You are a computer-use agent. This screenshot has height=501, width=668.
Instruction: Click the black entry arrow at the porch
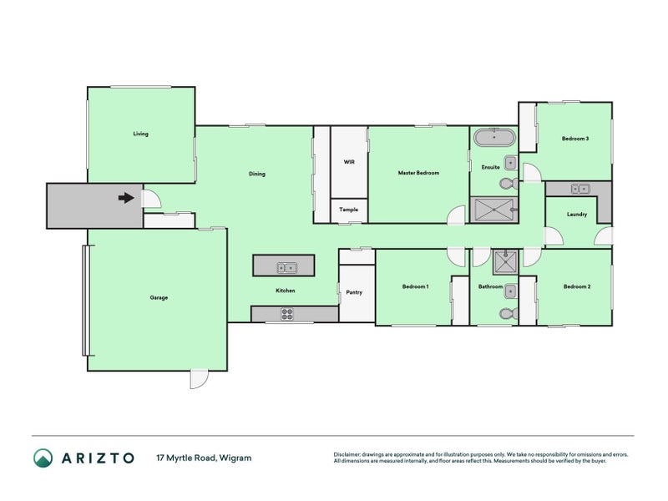126,198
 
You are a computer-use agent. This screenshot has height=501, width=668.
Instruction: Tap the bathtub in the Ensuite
494,137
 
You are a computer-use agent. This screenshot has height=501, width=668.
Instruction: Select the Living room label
140,134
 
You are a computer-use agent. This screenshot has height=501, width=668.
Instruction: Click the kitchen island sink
286,268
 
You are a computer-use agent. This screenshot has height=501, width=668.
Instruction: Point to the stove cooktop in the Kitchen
287,314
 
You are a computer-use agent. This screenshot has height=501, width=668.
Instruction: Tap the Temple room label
348,210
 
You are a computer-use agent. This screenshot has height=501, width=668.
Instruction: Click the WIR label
349,162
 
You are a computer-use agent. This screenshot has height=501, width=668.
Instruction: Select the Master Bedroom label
418,173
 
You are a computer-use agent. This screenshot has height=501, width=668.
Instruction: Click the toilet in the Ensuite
509,184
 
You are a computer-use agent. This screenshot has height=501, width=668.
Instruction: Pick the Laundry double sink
579,189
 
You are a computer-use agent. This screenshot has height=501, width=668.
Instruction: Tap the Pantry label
354,292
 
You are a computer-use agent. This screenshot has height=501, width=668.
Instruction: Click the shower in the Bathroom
506,262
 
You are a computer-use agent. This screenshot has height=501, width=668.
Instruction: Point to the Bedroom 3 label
575,139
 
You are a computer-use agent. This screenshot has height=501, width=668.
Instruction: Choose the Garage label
159,298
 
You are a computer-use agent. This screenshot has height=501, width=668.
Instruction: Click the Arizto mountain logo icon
43,458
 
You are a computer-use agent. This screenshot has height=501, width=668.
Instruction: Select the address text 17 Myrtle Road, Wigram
204,458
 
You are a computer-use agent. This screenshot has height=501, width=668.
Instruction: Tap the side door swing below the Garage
199,379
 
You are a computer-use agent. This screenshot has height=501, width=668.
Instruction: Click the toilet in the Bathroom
509,314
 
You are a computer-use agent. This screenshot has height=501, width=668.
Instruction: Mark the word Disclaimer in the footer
347,454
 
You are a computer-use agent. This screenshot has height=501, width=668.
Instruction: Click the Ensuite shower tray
493,210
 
